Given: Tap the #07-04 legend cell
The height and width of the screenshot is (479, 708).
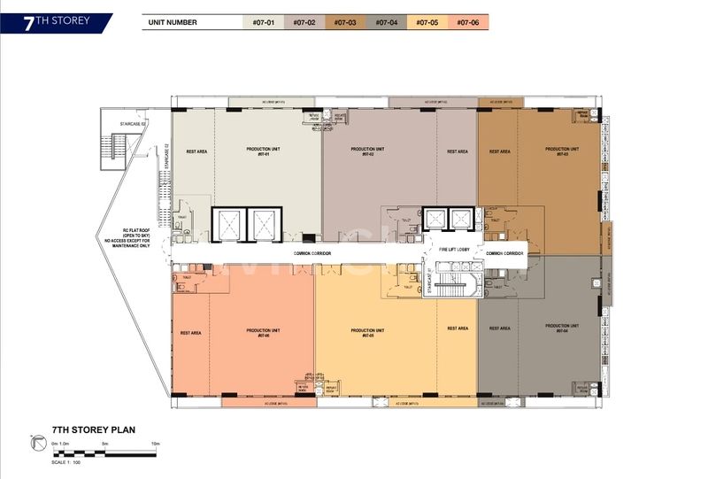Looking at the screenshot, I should (x=387, y=22).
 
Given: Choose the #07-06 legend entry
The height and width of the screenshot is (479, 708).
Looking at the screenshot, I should (x=468, y=22).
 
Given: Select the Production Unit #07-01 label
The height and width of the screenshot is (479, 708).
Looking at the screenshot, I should (x=263, y=152).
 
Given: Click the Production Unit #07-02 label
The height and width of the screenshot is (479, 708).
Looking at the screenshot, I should (x=366, y=151).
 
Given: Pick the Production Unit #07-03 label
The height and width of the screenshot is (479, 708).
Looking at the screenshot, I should (x=561, y=151).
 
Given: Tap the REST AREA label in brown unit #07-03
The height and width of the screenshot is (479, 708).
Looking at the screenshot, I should (x=499, y=151).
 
